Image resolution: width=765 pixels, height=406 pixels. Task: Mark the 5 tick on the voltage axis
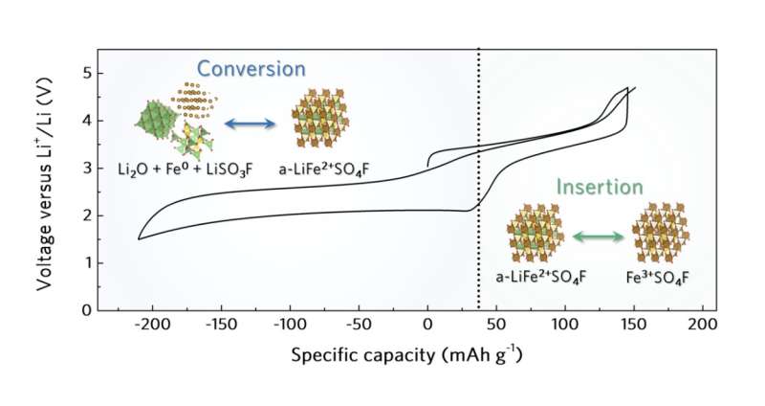(x=86, y=73)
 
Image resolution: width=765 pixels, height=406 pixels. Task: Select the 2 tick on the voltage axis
(x=86, y=214)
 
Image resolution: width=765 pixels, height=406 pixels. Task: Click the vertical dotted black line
(x=478, y=192)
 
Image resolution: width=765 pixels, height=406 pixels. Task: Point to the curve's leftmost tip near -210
(x=140, y=239)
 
